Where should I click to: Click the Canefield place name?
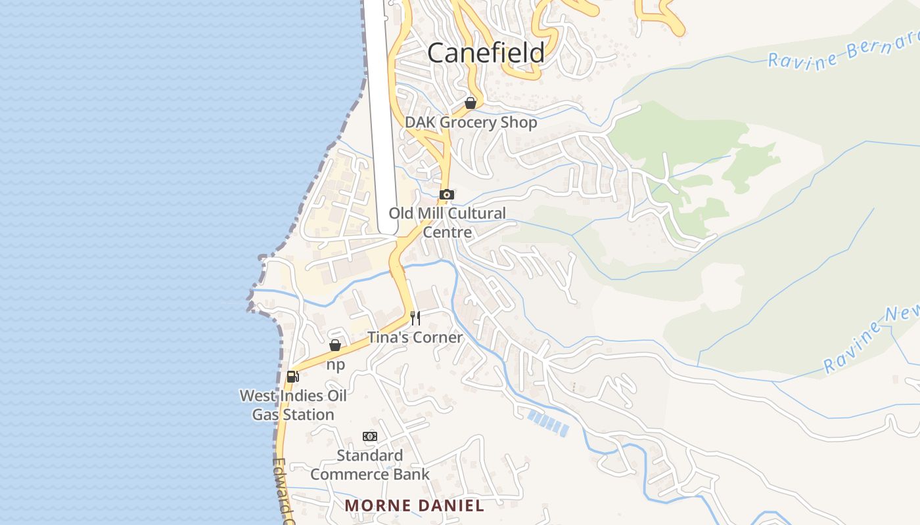click(x=486, y=52)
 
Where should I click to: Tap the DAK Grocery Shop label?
click(x=471, y=122)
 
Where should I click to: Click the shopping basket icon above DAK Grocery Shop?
click(x=471, y=103)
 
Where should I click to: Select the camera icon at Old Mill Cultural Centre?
click(x=447, y=194)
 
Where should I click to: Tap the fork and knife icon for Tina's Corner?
click(x=415, y=318)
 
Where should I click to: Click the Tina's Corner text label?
click(x=415, y=337)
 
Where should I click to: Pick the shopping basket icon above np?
click(x=335, y=345)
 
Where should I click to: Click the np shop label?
click(x=335, y=365)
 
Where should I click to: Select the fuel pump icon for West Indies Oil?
click(x=293, y=376)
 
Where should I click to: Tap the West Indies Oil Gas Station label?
click(x=293, y=405)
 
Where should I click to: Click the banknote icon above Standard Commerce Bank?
click(x=370, y=436)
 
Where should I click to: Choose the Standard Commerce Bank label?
click(x=370, y=465)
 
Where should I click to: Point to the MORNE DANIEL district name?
click(x=414, y=505)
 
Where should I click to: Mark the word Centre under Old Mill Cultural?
click(x=447, y=232)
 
